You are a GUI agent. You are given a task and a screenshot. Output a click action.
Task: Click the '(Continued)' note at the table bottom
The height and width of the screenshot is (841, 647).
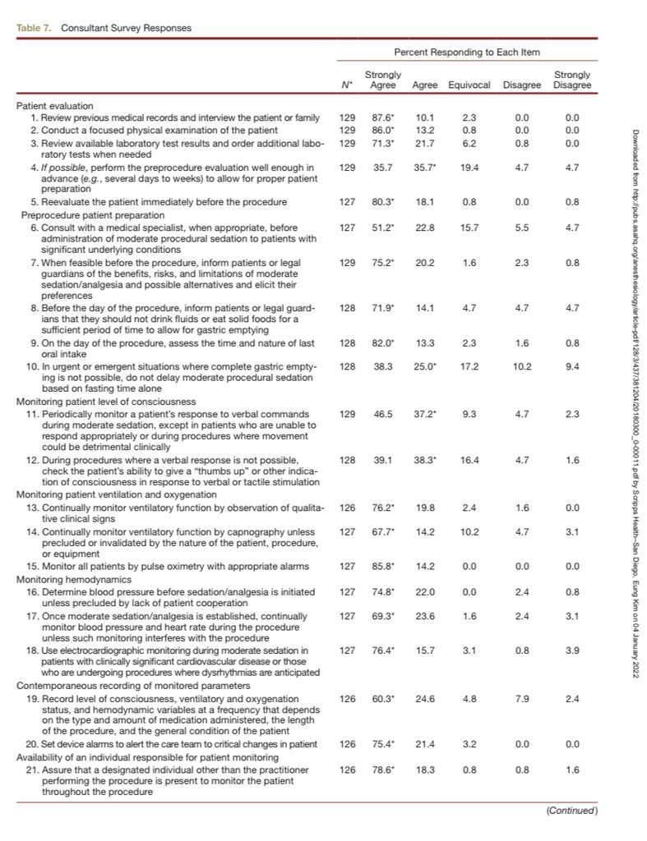click(x=572, y=811)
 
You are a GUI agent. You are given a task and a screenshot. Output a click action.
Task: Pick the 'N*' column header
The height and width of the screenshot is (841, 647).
click(x=347, y=85)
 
